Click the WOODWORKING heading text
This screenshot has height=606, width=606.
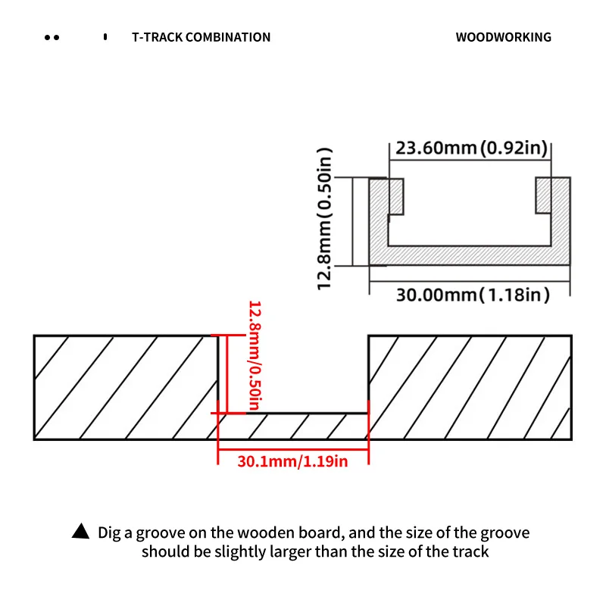click(503, 37)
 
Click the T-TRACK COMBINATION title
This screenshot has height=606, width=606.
click(201, 37)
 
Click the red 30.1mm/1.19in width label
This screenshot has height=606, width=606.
click(292, 461)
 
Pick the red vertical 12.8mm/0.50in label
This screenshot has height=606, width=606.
click(255, 356)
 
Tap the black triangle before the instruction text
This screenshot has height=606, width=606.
click(80, 533)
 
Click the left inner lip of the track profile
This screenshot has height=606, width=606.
click(395, 196)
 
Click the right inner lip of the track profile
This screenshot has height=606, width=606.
click(544, 196)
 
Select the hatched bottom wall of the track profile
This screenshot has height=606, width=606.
click(470, 255)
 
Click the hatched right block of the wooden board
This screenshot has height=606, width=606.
click(469, 386)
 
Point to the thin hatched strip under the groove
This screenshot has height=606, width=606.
click(292, 426)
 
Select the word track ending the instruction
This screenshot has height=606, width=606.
click(470, 551)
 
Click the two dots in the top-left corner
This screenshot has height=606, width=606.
click(52, 37)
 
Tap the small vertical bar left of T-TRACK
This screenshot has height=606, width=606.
click(105, 36)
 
